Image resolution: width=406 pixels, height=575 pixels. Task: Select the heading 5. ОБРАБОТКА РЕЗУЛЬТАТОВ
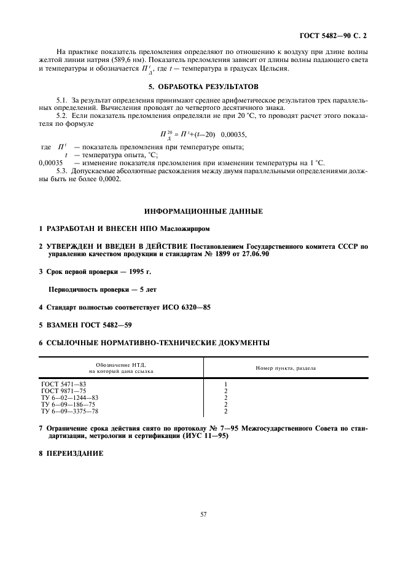click(202, 87)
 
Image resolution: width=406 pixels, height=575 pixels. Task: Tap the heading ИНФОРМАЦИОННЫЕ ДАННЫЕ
click(203, 211)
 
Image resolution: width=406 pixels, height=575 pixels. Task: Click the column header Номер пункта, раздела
click(286, 368)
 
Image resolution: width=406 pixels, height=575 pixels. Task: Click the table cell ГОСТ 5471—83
click(60, 383)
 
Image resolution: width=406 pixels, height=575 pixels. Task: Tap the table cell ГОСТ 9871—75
click(60, 390)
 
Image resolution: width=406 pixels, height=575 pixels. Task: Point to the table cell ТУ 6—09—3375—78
click(69, 412)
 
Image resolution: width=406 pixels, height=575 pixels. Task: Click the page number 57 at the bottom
click(203, 515)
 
